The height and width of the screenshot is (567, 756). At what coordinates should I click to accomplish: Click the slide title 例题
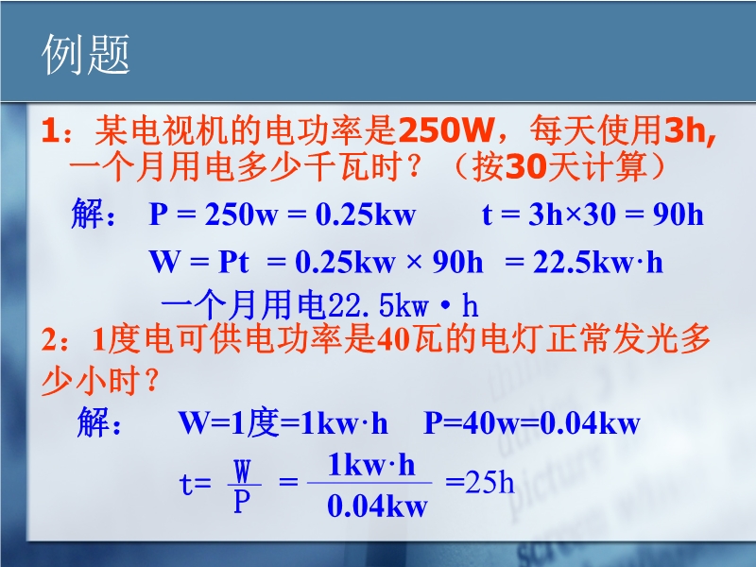[86, 54]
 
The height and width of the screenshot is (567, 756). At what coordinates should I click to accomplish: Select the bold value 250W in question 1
[446, 130]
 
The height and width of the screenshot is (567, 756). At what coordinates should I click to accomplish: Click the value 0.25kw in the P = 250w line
[366, 215]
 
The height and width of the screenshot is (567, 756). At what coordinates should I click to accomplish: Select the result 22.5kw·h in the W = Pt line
[598, 263]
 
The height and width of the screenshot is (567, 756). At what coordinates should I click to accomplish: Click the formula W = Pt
[199, 263]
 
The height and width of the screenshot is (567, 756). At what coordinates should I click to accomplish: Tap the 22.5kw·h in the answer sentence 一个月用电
[404, 305]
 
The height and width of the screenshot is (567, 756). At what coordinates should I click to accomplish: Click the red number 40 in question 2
[393, 339]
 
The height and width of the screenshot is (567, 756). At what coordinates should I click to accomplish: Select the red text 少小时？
[100, 381]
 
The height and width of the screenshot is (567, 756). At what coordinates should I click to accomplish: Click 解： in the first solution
[94, 214]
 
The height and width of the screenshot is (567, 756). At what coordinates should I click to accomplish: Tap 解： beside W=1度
[100, 422]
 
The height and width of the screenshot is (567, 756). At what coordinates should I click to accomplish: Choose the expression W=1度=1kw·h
[283, 422]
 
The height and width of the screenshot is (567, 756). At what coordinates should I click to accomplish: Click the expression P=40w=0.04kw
[532, 422]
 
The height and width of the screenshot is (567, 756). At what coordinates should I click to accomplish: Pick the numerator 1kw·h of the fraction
[370, 465]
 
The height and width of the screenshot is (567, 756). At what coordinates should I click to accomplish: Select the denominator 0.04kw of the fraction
[377, 507]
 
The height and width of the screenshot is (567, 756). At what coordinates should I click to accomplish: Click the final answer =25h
[479, 482]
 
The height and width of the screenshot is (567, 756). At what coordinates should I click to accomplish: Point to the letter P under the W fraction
[242, 502]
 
